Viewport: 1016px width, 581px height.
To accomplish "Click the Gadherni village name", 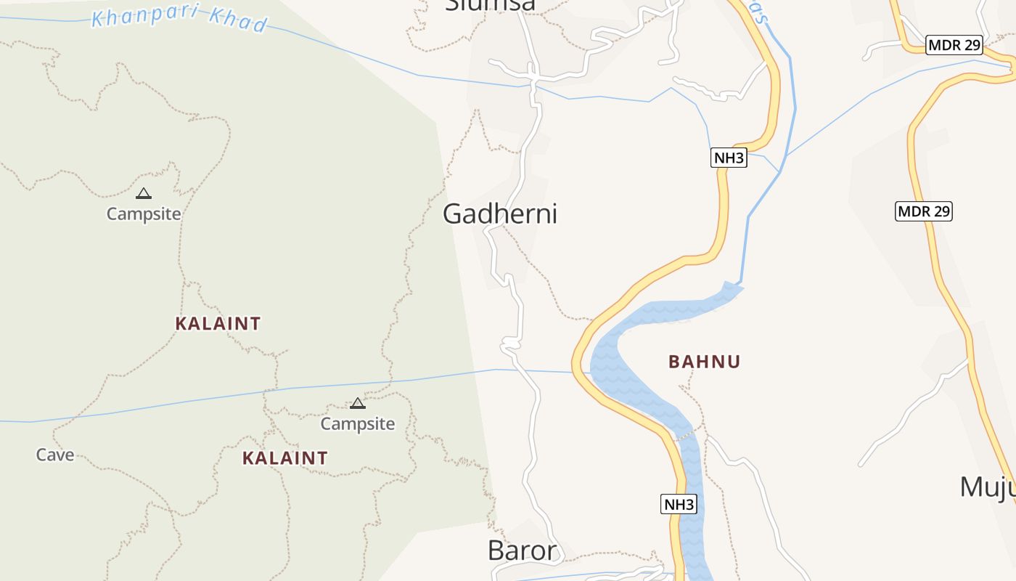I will coord(500,214).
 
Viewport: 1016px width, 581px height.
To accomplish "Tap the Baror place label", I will coord(523,550).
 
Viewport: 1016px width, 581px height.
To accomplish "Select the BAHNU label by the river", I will coord(704,362).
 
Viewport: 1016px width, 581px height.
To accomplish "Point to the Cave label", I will coord(55,455).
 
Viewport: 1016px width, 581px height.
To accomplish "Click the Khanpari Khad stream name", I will coord(179,20).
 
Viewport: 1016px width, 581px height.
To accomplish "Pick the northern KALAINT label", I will coord(218,323).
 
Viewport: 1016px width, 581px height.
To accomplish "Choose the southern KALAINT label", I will coord(284,458).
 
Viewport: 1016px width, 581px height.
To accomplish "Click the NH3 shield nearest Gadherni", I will coord(729,158).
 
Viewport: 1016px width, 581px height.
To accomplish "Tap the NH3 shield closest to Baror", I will coord(679,504).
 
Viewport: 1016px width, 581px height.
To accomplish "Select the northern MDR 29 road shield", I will coord(954,45).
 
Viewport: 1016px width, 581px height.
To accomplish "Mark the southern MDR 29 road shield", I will coord(923,211).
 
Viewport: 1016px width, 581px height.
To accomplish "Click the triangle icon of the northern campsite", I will coord(144,194).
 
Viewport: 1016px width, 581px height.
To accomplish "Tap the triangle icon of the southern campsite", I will coord(357,404).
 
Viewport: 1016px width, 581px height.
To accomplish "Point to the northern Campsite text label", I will coord(144,214).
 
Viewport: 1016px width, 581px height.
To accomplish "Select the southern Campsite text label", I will coord(358,424).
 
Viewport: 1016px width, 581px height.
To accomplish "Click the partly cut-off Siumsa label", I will coord(491,6).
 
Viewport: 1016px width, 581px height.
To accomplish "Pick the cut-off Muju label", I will coord(987,487).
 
